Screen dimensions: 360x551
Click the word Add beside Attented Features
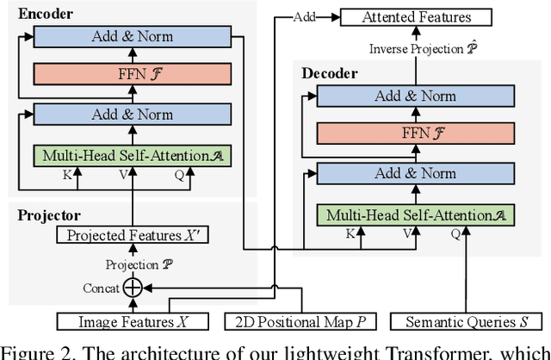(304, 16)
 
